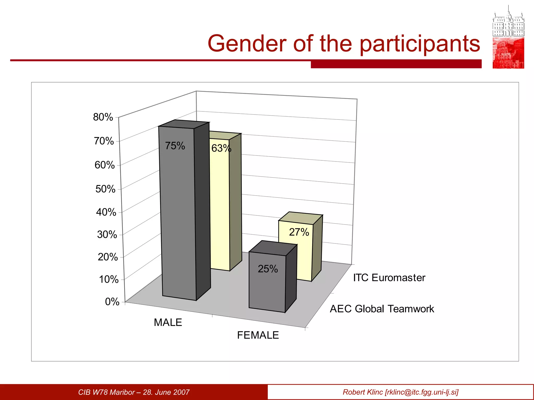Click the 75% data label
point(175,146)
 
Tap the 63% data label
point(221,148)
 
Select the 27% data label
point(299,232)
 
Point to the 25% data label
point(268,269)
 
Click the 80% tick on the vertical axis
point(103,117)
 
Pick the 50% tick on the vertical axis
point(105,189)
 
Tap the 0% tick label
point(112,302)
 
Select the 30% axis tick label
point(107,235)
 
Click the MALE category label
point(168,323)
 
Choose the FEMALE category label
point(258,335)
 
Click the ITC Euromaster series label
point(389,278)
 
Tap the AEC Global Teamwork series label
point(382,309)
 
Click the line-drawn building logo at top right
point(508,22)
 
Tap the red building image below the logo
point(508,53)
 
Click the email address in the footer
point(422,392)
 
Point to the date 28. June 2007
point(166,392)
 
